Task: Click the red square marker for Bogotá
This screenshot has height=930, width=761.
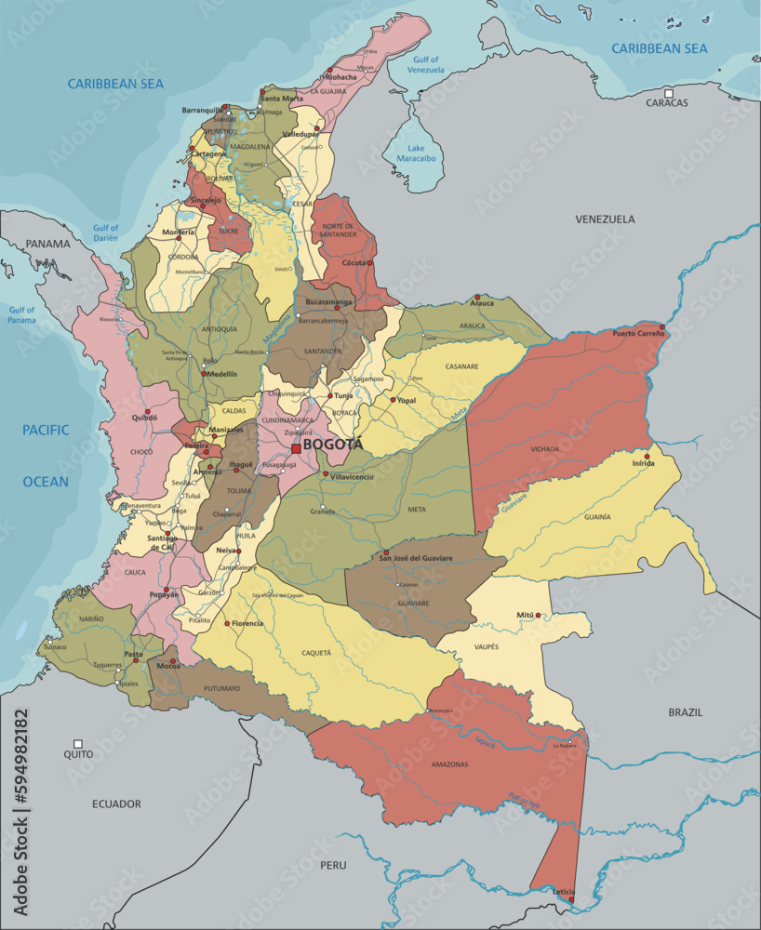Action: click(296, 448)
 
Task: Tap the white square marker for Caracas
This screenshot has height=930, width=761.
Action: click(669, 92)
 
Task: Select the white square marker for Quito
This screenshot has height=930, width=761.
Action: click(78, 744)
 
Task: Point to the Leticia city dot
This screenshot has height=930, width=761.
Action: click(571, 899)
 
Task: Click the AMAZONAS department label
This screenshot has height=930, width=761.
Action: click(449, 764)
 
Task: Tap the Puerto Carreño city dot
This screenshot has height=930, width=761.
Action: click(661, 327)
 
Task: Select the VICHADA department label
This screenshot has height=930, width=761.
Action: click(546, 448)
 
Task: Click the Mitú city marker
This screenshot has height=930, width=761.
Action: click(538, 616)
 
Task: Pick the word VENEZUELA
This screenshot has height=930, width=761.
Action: click(605, 219)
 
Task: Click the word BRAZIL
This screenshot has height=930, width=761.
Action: click(686, 712)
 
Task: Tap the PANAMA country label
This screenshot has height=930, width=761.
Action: click(47, 245)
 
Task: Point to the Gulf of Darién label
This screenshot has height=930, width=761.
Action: click(105, 232)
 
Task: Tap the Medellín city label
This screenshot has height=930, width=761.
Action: click(221, 374)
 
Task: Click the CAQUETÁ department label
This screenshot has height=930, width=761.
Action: click(316, 653)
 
